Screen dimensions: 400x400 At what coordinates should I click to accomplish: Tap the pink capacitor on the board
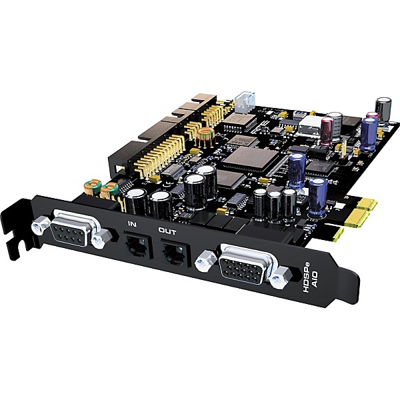(x=327, y=129)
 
